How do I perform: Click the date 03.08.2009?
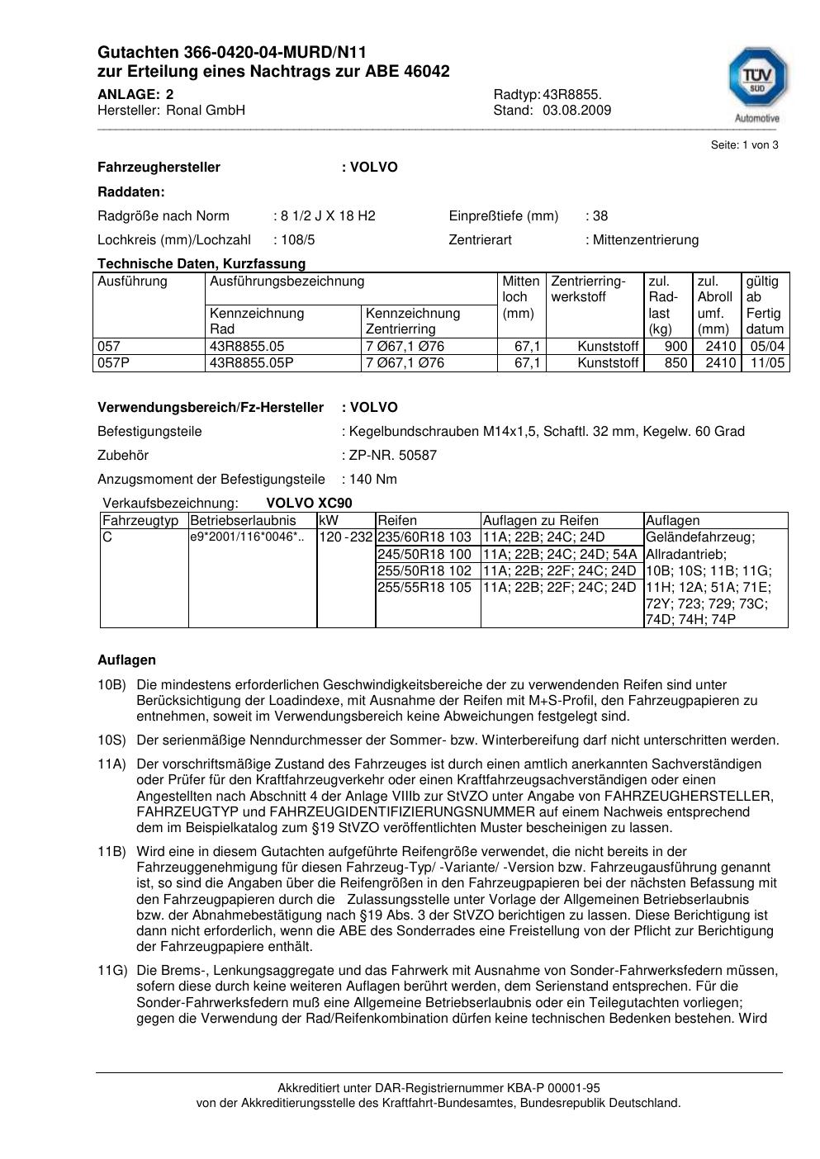pyautogui.click(x=576, y=111)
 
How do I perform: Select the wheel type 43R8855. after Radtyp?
pyautogui.click(x=572, y=94)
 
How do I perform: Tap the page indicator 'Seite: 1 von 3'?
pyautogui.click(x=744, y=145)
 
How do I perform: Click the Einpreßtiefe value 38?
pyautogui.click(x=600, y=216)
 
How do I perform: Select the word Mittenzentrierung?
pyautogui.click(x=645, y=240)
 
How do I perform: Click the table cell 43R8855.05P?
pyautogui.click(x=252, y=363)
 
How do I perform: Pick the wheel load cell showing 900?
pyautogui.click(x=677, y=347)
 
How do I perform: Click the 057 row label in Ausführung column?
pyautogui.click(x=109, y=347)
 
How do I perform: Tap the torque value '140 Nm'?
pyautogui.click(x=373, y=480)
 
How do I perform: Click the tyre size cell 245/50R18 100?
pyautogui.click(x=424, y=554)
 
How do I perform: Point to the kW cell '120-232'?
pyautogui.click(x=346, y=537)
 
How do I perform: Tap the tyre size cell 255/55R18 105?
pyautogui.click(x=424, y=588)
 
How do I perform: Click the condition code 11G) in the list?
pyautogui.click(x=111, y=971)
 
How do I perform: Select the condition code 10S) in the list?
pyautogui.click(x=111, y=740)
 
